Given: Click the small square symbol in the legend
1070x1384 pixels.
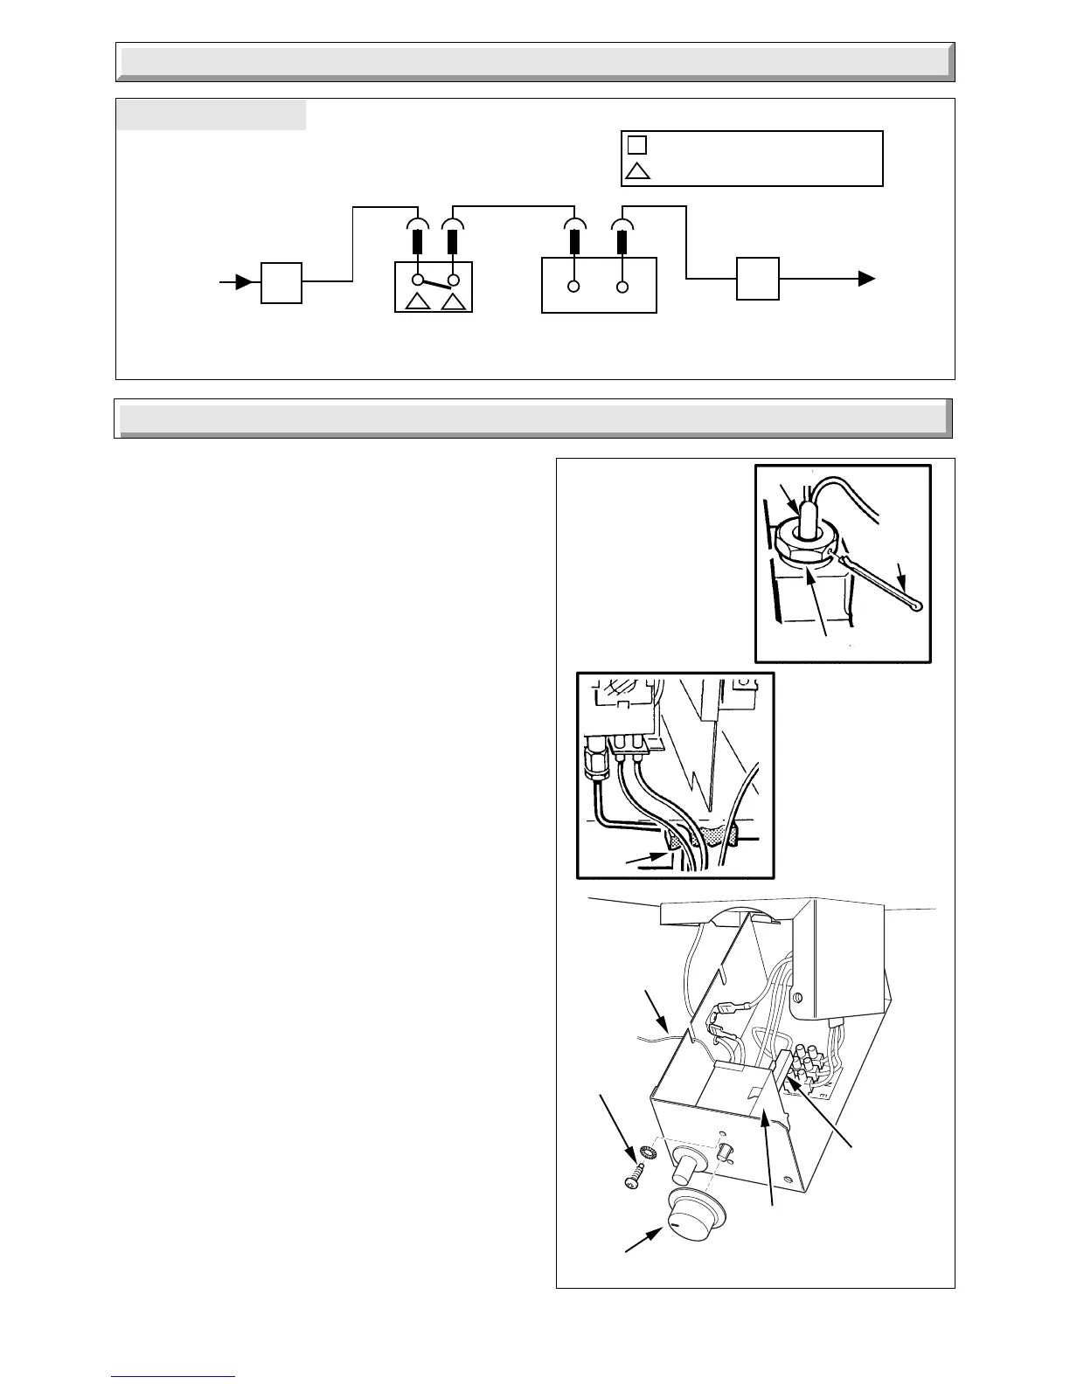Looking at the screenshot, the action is pos(637,145).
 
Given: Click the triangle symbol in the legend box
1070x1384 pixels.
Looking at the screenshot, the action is pos(638,170).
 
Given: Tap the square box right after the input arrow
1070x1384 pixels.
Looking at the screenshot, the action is pos(281,282).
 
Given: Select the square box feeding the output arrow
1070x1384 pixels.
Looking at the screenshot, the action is pos(757,279).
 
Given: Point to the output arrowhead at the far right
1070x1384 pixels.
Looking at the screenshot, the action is pos(866,279).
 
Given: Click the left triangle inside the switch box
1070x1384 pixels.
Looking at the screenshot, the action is pos(418,302).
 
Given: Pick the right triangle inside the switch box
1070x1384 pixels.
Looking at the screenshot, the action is pos(453,302).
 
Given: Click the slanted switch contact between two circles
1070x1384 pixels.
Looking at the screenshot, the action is pos(435,281).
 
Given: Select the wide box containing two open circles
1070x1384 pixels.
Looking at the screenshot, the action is pos(599,285).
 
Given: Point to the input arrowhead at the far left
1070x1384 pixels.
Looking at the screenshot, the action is pos(246,282).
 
